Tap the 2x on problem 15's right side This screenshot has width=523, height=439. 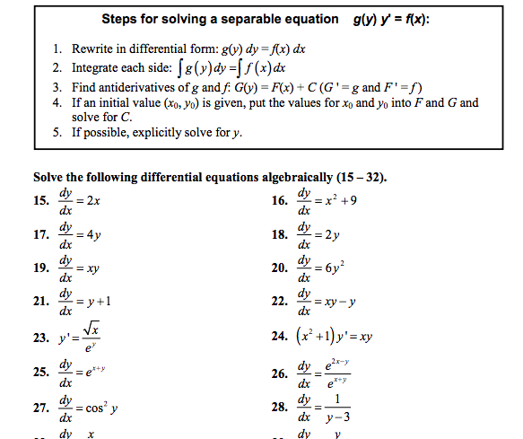coord(93,201)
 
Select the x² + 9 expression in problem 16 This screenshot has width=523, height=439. coord(338,200)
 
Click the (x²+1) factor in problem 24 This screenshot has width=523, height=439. coord(318,339)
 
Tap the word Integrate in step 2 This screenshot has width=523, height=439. coord(85,66)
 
